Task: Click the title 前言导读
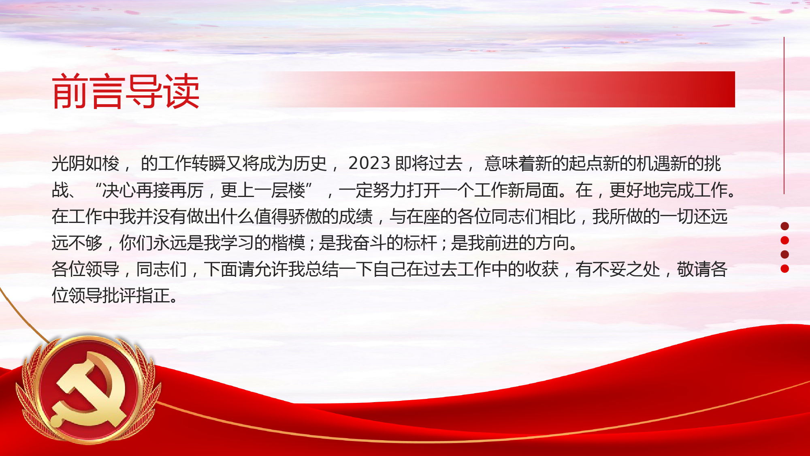tap(126, 91)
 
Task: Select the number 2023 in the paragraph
tap(369, 163)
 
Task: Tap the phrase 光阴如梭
tap(85, 163)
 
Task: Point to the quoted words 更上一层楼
tap(263, 190)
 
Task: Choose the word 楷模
tap(288, 243)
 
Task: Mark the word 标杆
tap(420, 243)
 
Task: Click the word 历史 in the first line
tap(310, 163)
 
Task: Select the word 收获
tap(542, 269)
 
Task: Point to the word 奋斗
tap(369, 243)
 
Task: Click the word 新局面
tap(533, 190)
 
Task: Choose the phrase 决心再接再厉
tap(153, 190)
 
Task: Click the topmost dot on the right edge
tap(784, 226)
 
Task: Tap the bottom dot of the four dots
tap(784, 268)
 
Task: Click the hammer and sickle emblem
tap(90, 389)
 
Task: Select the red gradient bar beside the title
tap(506, 89)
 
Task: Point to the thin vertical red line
tap(784, 116)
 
